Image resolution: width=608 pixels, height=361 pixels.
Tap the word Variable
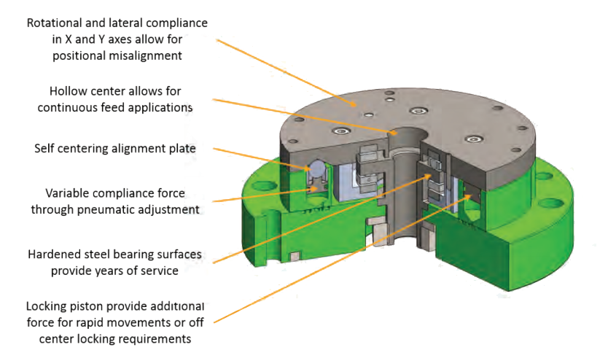coord(70,193)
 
